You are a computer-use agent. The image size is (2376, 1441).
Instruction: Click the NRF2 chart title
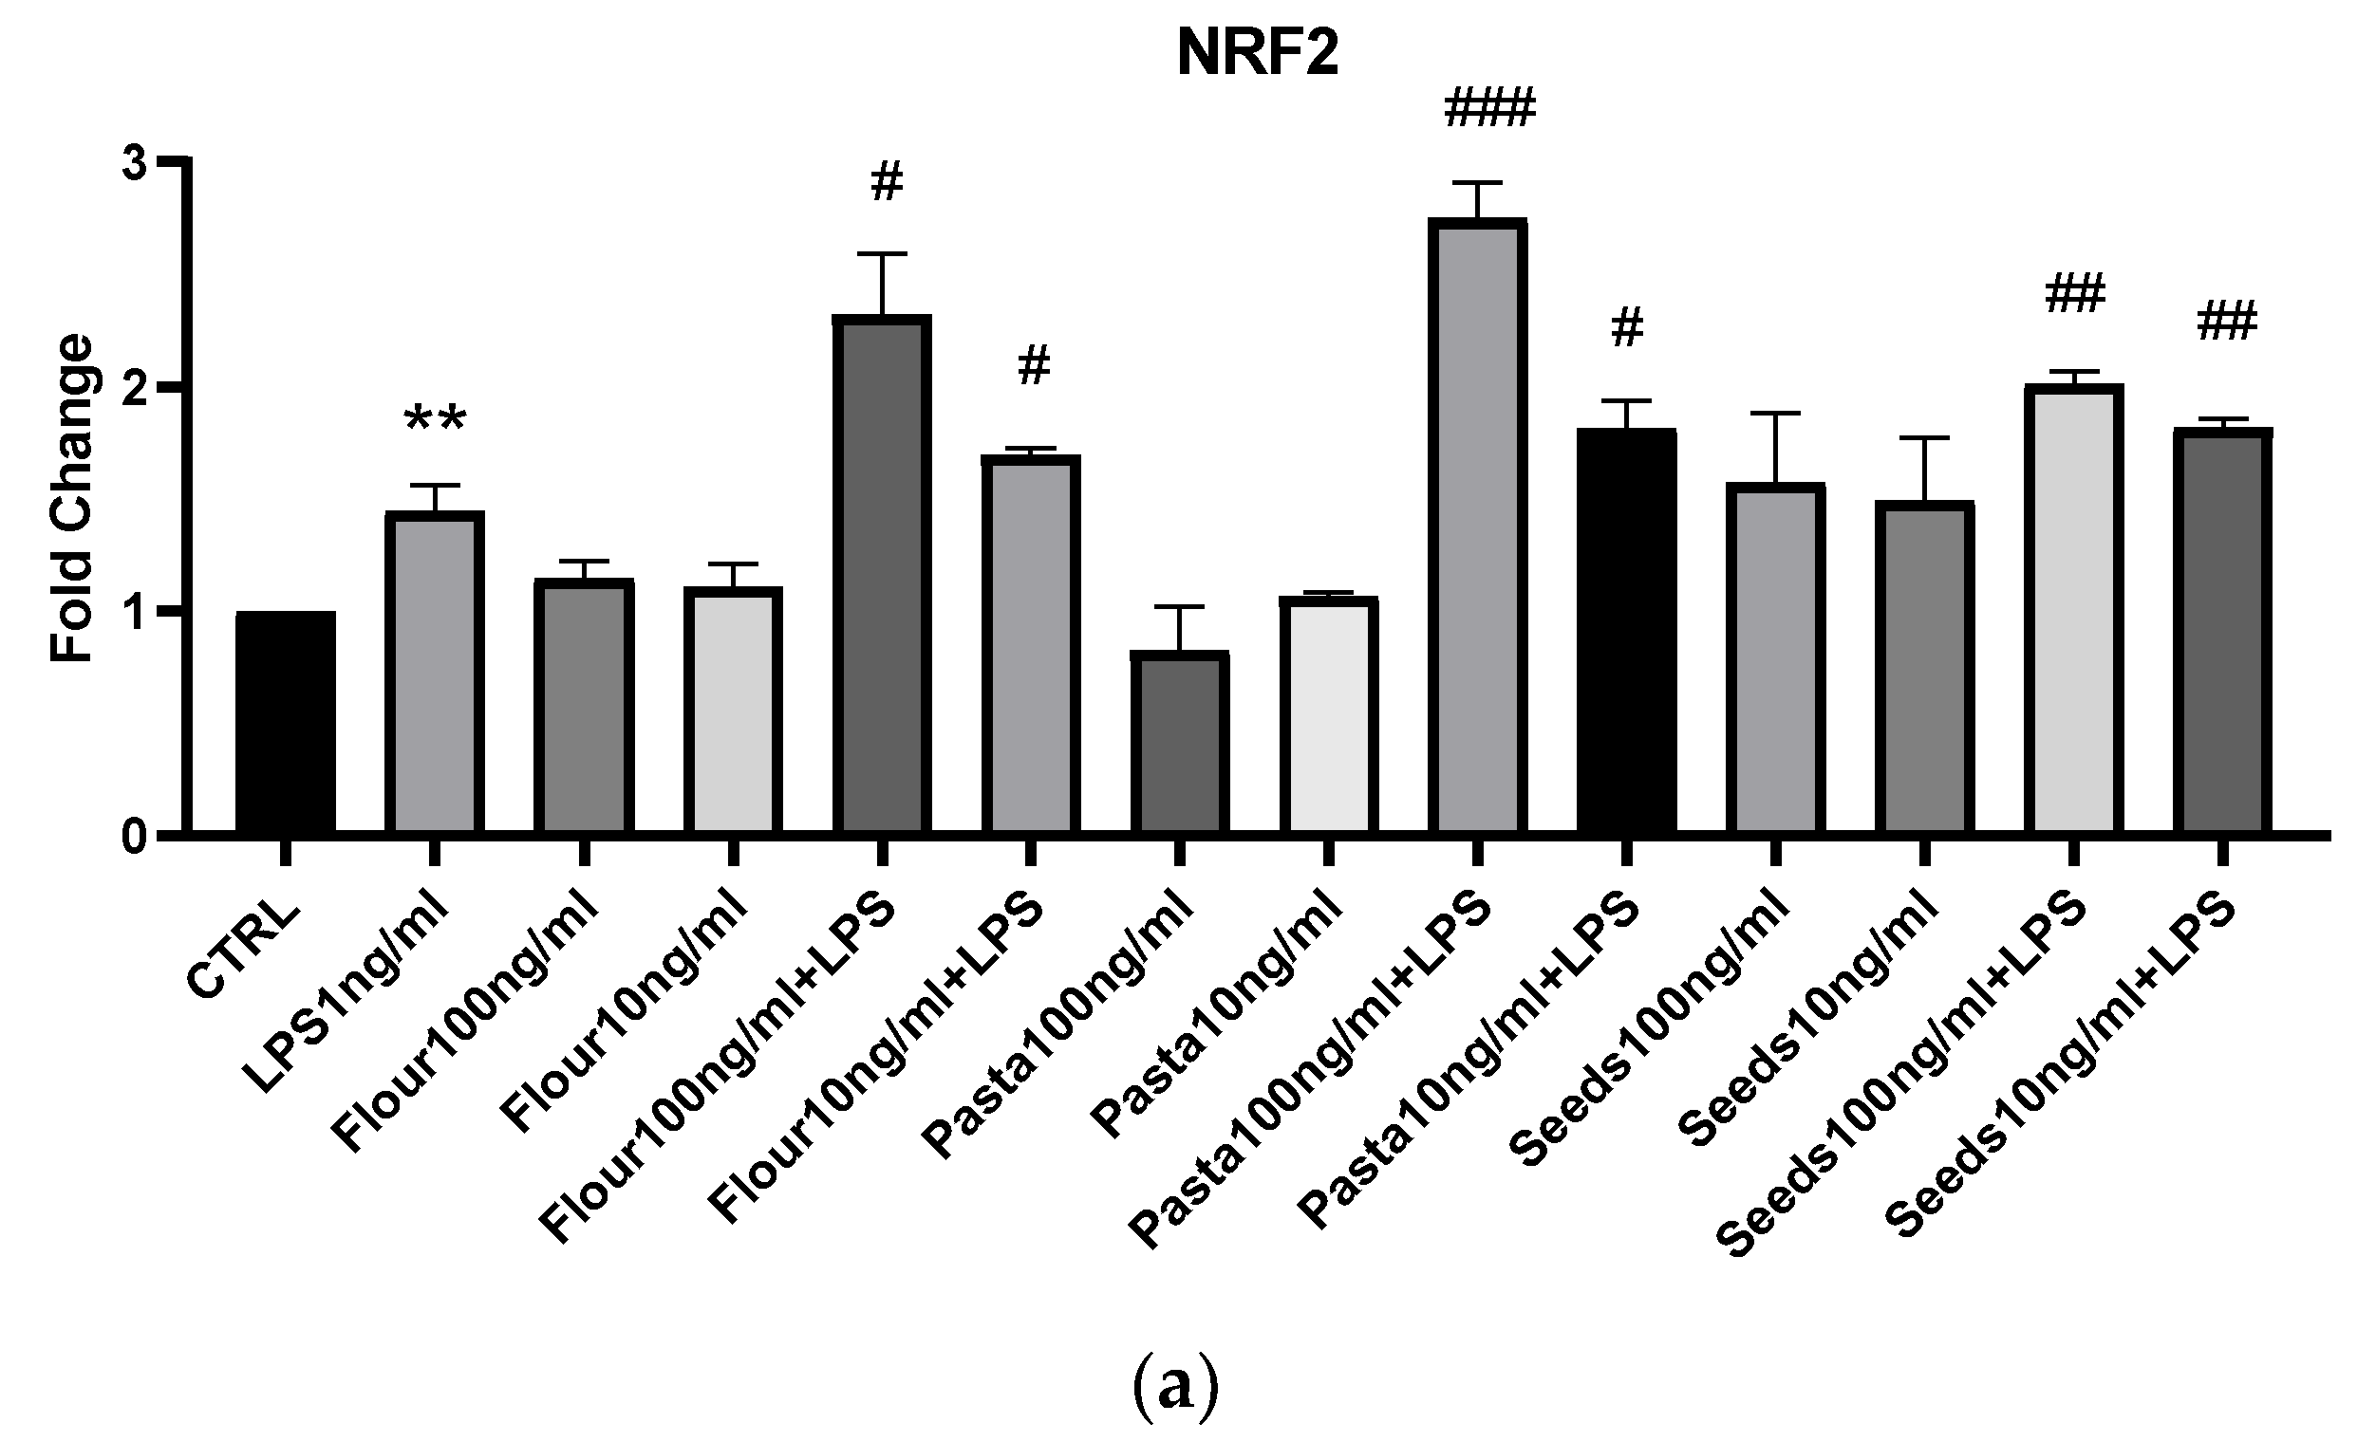pos(1258,55)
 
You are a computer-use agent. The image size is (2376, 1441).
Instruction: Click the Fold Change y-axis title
pos(72,498)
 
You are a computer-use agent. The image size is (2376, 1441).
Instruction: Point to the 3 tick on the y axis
pos(136,163)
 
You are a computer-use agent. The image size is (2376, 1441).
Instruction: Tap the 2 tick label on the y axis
pos(136,387)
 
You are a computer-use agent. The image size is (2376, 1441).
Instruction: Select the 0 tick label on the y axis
pos(136,836)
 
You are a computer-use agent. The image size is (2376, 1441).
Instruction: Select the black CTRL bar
pos(286,723)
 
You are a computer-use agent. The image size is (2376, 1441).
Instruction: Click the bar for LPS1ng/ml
pos(434,674)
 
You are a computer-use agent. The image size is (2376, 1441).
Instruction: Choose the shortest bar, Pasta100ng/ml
pos(1179,742)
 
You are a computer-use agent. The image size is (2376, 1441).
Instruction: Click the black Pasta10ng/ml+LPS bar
pos(1627,632)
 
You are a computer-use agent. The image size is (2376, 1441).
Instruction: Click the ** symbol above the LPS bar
pos(435,422)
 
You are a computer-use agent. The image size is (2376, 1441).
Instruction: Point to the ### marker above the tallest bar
pos(1487,108)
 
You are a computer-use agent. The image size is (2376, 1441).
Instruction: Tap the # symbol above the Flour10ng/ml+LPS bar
pos(1034,366)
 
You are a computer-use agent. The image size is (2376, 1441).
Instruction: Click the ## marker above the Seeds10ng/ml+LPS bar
pos(2227,321)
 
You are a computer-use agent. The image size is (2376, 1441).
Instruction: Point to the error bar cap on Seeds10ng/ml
pos(1924,438)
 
